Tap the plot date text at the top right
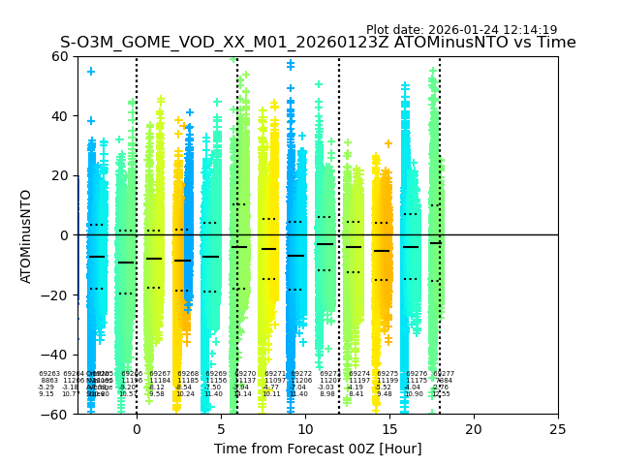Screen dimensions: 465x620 [461, 30]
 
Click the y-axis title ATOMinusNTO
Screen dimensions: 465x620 [27, 235]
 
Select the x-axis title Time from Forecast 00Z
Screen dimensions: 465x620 [318, 449]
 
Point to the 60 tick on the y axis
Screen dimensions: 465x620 [60, 56]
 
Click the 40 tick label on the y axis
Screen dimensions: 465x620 [60, 116]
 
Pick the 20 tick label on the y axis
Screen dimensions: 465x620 [60, 175]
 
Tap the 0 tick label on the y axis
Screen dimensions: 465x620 [64, 235]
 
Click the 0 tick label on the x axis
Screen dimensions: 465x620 [137, 428]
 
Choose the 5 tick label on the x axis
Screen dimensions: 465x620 [221, 428]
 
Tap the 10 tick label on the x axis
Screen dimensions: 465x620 [305, 428]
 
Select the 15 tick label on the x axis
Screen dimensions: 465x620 [389, 428]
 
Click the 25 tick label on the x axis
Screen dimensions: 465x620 [558, 428]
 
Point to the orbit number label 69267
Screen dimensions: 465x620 [160, 374]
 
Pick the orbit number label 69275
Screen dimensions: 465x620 [384, 374]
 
